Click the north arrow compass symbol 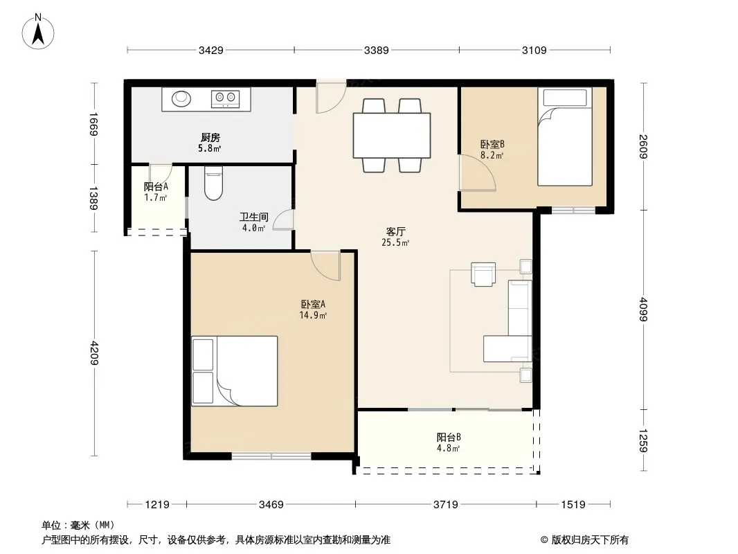38,32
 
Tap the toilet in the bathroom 213,183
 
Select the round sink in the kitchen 181,99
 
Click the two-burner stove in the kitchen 225,98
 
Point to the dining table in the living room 392,135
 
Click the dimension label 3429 210,51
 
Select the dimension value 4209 94,353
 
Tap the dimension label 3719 445,505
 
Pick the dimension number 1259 644,440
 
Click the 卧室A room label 313,305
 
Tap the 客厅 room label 395,231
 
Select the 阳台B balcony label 448,437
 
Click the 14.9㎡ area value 313,315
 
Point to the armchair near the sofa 483,274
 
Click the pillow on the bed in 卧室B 565,98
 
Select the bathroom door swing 283,220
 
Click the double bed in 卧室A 235,371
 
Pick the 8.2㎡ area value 492,155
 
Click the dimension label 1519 573,505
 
